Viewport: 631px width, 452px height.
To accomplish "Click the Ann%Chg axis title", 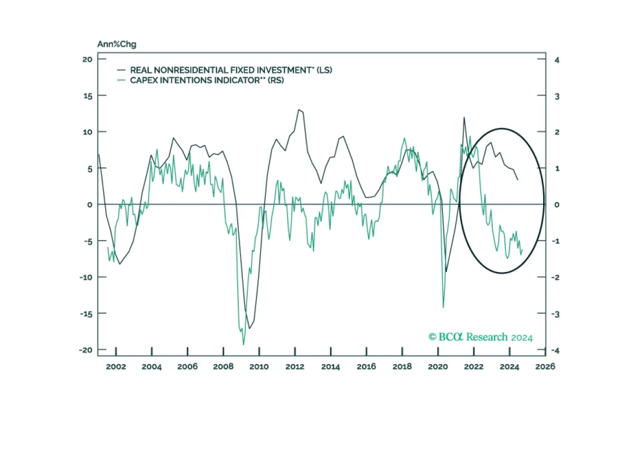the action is [x=117, y=44].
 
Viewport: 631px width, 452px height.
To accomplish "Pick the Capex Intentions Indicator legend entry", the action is [x=200, y=81].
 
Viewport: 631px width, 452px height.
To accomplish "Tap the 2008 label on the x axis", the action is [x=223, y=367].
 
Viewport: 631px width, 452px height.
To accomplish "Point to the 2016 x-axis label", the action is [x=366, y=367].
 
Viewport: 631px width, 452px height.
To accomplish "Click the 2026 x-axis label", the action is [x=545, y=367].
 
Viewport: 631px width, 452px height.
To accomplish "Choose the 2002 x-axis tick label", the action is [x=116, y=367].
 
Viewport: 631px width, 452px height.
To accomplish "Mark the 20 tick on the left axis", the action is [x=87, y=59].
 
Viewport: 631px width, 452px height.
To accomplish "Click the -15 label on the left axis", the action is [x=86, y=314].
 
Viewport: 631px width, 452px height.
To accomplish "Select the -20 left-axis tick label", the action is [x=86, y=350].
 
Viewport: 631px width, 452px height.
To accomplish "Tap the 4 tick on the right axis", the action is [x=557, y=60].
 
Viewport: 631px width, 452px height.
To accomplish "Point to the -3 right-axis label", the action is [x=555, y=314].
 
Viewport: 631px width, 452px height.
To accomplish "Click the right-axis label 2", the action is [x=557, y=132].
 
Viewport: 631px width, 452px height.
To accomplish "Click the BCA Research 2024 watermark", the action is [x=481, y=337].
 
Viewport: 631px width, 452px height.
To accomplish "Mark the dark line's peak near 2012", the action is [x=299, y=109].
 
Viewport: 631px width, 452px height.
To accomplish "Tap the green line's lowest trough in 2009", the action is [x=243, y=345].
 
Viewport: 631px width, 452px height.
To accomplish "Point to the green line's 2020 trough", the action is [x=443, y=307].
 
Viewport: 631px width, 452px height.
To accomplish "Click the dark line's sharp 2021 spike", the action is [x=464, y=117].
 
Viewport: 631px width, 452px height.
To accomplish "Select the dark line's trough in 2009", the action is [x=249, y=328].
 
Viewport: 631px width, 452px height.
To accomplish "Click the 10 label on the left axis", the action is [x=87, y=132].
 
